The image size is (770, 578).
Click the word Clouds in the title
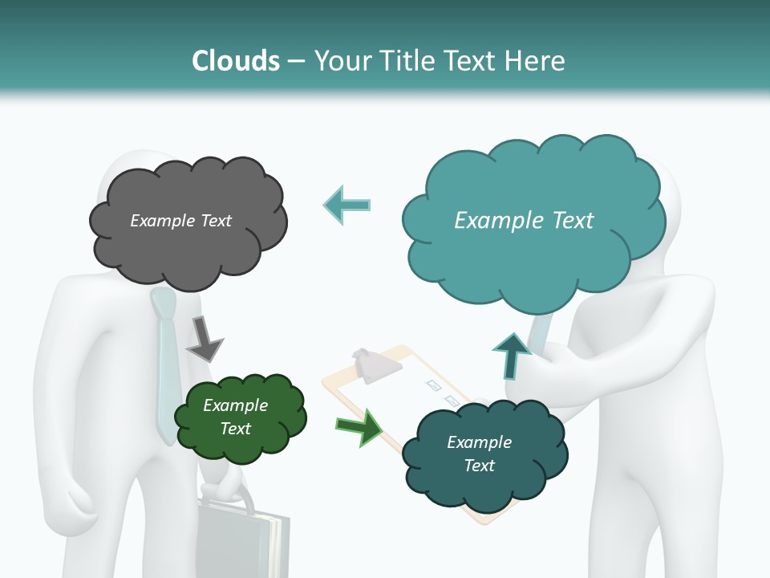[x=235, y=61]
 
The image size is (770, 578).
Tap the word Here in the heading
[x=537, y=61]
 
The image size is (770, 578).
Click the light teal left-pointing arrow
[x=347, y=205]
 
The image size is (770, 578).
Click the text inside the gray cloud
[x=180, y=221]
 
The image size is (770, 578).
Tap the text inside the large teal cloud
[x=524, y=221]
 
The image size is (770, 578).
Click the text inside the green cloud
[x=235, y=417]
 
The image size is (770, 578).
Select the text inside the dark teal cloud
[x=479, y=454]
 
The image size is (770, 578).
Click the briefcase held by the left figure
[x=241, y=542]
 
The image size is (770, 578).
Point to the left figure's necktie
[x=165, y=361]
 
